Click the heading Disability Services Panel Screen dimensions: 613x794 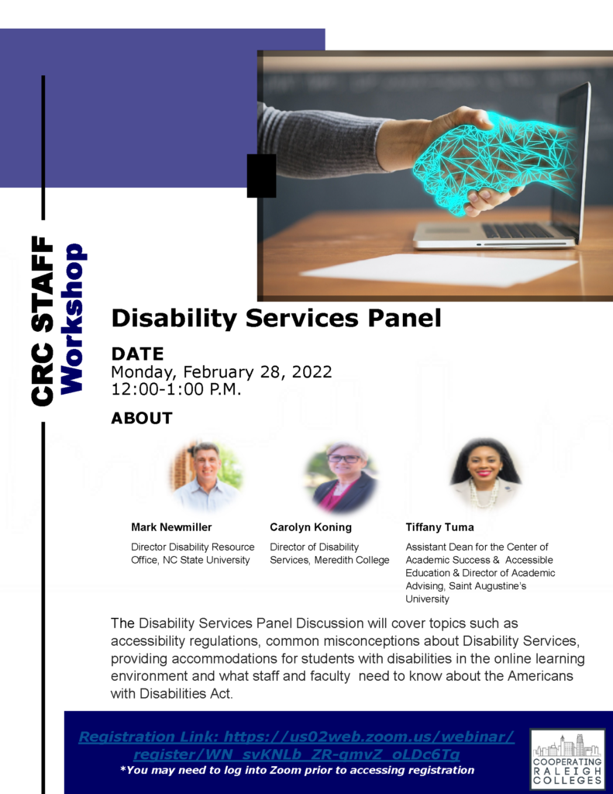coord(277,318)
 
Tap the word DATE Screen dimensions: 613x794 coord(138,354)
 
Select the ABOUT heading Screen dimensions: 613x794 coord(142,418)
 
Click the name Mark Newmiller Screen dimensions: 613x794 coord(171,527)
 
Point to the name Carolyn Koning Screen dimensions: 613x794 coord(311,527)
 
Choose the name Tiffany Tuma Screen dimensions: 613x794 coord(439,527)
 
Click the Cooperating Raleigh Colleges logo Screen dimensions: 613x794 coord(567,758)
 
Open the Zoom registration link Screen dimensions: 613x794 coord(297,745)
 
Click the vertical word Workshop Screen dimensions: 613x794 coord(72,319)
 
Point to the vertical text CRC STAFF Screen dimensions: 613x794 coord(43,321)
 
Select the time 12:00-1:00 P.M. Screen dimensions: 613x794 coord(176,389)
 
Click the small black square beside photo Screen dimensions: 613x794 coord(262,176)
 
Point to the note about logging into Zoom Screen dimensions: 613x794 coord(297,770)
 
